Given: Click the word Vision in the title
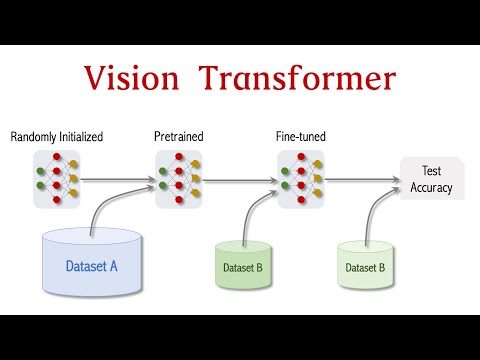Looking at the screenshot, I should click(134, 78).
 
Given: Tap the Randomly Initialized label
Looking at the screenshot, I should click(57, 135).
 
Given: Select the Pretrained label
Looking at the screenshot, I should click(179, 135).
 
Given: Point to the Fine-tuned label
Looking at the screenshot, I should click(301, 135).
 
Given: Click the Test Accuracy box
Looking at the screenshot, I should click(431, 180).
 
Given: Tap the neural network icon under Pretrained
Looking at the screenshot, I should click(179, 180).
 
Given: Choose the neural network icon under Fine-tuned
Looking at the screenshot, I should click(301, 180).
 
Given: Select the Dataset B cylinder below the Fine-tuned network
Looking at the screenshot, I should click(243, 267).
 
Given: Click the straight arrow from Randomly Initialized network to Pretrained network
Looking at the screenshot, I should click(118, 181).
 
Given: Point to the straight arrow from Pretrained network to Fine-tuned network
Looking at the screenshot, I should click(240, 181).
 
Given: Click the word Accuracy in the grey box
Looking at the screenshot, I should click(431, 188).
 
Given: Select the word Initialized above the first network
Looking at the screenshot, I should click(81, 135).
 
